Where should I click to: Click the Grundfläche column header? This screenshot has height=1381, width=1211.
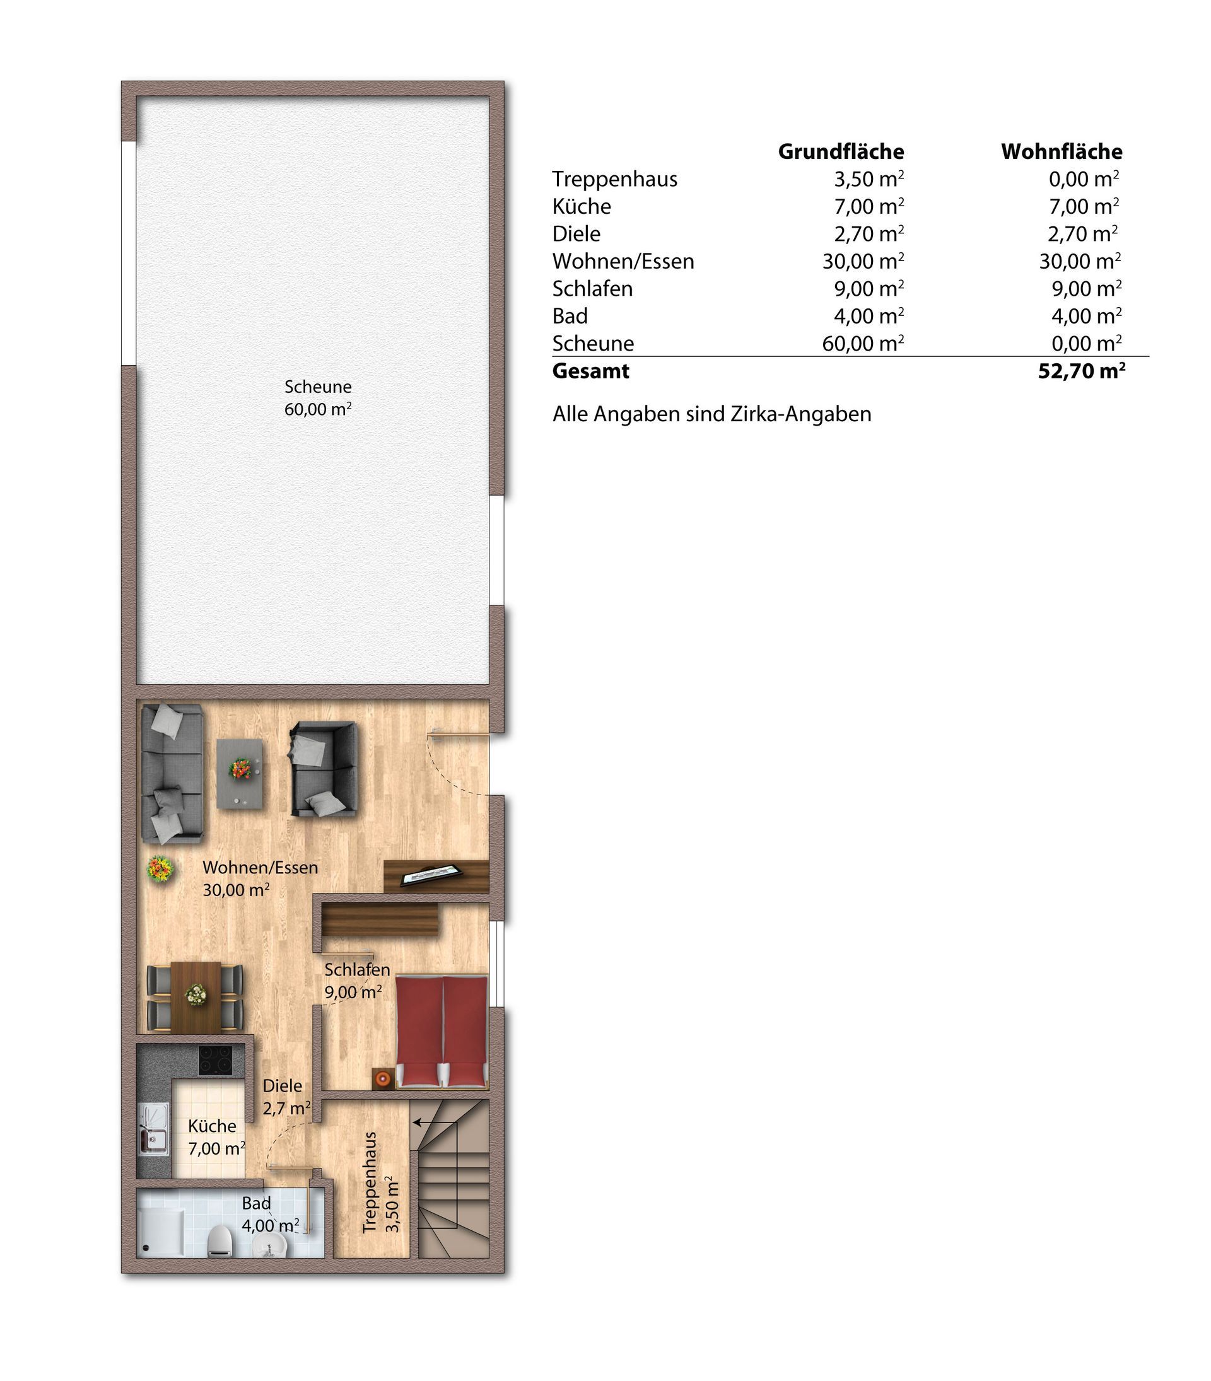(841, 151)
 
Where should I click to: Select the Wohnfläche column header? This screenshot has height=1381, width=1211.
(1062, 151)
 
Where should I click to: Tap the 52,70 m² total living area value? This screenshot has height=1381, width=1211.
(1082, 371)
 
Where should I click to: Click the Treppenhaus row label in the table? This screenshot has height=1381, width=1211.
(614, 179)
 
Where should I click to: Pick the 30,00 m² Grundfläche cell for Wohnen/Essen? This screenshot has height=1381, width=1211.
(863, 262)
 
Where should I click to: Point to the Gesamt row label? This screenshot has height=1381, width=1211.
(590, 371)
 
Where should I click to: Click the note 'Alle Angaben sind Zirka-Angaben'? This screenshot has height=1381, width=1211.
(711, 414)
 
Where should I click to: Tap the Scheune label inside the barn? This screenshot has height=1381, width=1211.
(318, 387)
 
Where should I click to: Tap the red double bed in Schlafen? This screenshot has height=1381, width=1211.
(442, 1032)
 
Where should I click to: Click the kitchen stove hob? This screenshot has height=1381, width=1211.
(216, 1060)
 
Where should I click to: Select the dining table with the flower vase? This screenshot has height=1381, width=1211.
(196, 996)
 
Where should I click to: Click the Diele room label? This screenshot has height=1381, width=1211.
(283, 1086)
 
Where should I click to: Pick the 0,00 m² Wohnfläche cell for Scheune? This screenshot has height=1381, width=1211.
(1087, 344)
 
